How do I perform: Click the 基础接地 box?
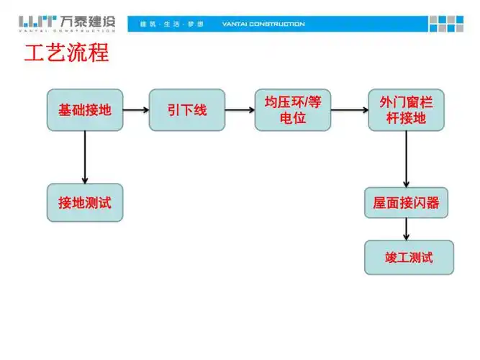click(x=85, y=110)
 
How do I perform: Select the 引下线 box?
click(x=186, y=110)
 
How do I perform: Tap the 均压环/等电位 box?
click(x=293, y=110)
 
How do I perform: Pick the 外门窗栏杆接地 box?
click(x=402, y=110)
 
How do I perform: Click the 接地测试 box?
click(x=85, y=203)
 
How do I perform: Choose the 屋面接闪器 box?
click(x=407, y=203)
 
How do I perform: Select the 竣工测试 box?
click(x=409, y=257)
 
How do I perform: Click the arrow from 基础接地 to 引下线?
click(x=135, y=110)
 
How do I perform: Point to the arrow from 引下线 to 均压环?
click(x=240, y=110)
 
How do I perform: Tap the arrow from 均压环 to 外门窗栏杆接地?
click(x=349, y=110)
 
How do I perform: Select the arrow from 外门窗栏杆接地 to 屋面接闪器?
click(x=407, y=159)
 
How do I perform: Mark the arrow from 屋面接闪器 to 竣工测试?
click(x=407, y=229)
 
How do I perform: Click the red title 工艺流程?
click(x=66, y=53)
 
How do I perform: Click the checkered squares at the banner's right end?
click(x=447, y=24)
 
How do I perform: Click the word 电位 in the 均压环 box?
click(x=293, y=119)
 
